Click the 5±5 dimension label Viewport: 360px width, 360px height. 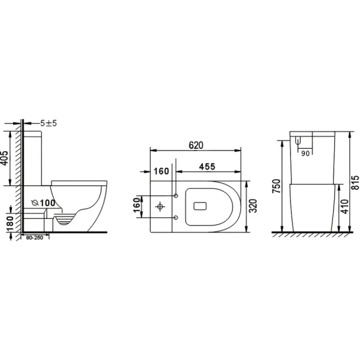click(x=48, y=123)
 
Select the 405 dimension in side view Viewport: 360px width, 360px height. click(x=5, y=158)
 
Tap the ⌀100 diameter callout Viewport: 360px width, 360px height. click(x=43, y=203)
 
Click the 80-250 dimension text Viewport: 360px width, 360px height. click(x=34, y=238)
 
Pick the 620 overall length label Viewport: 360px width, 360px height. click(x=196, y=145)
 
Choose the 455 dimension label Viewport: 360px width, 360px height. click(x=207, y=167)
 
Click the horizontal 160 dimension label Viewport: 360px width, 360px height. click(x=161, y=171)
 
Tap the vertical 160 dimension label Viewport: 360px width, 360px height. click(x=137, y=205)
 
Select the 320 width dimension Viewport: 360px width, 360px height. click(x=253, y=206)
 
